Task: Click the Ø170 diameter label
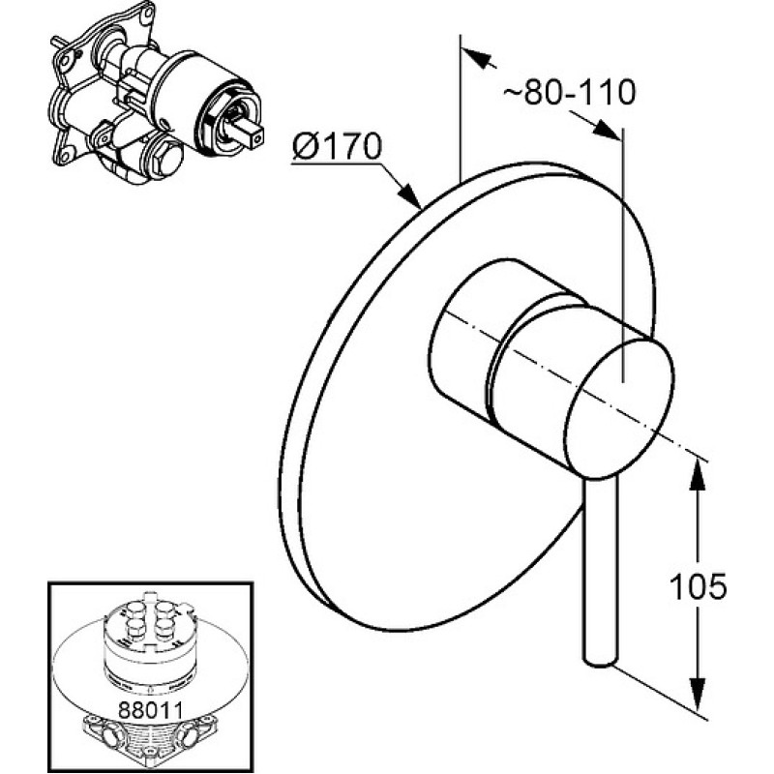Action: click(x=337, y=146)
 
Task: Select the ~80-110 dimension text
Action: click(x=569, y=92)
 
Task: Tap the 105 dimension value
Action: click(x=698, y=586)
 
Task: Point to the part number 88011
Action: click(x=150, y=710)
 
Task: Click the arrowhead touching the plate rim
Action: click(x=410, y=194)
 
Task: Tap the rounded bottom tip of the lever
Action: click(x=600, y=662)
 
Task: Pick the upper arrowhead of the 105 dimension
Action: click(x=696, y=474)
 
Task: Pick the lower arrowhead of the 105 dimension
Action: click(x=697, y=694)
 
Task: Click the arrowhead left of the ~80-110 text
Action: click(x=478, y=58)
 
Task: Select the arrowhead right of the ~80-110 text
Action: click(x=606, y=131)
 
